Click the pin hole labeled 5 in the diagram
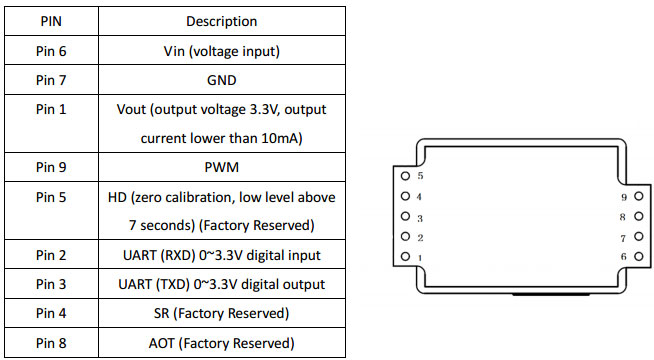pyautogui.click(x=405, y=176)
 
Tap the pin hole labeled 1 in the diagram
pyautogui.click(x=405, y=258)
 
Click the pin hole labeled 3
pyautogui.click(x=405, y=217)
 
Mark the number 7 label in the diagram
pyautogui.click(x=622, y=238)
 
